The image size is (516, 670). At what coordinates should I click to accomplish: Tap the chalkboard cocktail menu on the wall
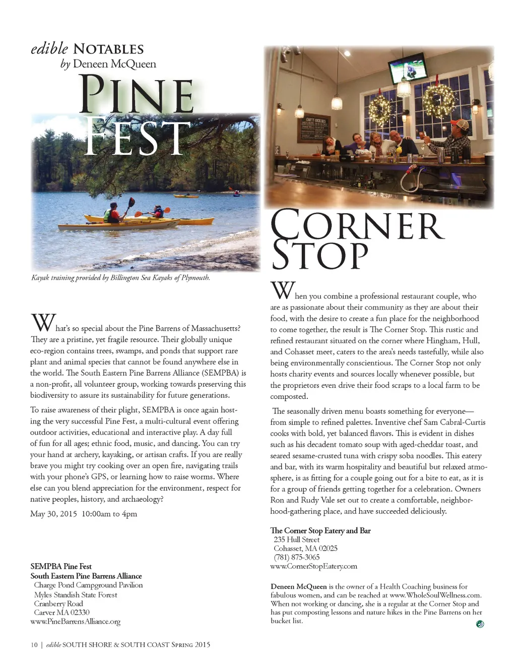[x=315, y=129]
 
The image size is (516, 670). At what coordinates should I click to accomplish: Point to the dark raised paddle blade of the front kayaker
[x=131, y=203]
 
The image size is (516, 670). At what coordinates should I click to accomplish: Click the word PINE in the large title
[x=137, y=95]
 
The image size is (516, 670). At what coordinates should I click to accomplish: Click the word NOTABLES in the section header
[x=108, y=49]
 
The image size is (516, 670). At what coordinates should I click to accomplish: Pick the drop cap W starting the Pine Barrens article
[x=43, y=323]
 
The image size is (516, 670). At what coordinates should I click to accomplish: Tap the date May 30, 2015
[x=53, y=514]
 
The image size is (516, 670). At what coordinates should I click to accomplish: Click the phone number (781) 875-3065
[x=296, y=557]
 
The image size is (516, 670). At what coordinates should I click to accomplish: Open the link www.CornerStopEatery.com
[x=313, y=566]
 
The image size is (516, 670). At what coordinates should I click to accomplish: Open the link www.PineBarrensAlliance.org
[x=75, y=622]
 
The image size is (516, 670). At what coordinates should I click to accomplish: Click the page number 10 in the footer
[x=34, y=645]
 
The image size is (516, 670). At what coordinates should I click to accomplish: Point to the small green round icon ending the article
[x=480, y=624]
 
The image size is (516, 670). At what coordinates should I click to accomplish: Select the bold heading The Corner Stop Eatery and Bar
[x=320, y=530]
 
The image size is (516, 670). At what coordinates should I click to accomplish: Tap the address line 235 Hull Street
[x=296, y=539]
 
